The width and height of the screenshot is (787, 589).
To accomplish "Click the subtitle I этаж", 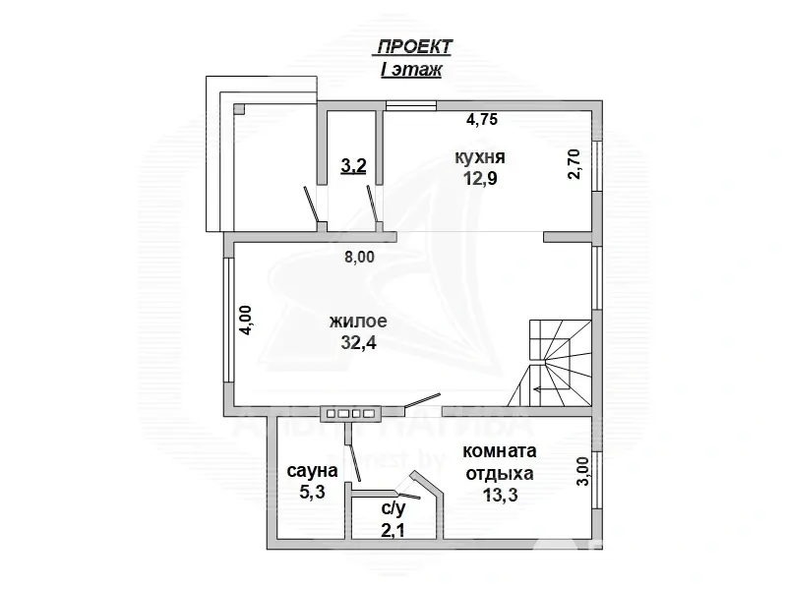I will [411, 70].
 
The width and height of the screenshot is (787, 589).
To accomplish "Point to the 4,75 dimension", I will [482, 120].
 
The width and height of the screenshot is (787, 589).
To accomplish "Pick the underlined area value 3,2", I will [353, 166].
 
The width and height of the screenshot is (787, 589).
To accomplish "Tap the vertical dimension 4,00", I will [247, 322].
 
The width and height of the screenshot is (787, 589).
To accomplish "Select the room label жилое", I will [359, 322].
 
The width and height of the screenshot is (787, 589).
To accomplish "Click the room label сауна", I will [312, 472].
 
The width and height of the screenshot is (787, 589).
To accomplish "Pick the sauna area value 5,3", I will [312, 495].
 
